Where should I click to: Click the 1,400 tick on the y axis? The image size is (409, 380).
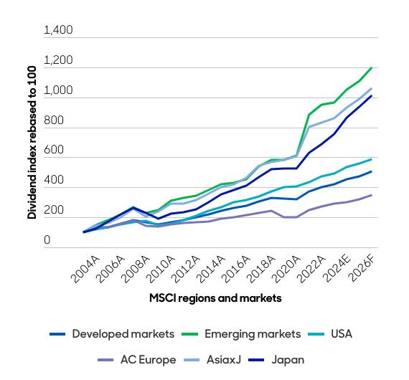click(58, 31)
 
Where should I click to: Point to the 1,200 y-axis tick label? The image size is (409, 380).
click(58, 61)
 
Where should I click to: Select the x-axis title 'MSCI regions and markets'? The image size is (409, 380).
click(215, 298)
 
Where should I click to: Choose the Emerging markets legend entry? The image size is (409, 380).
click(248, 334)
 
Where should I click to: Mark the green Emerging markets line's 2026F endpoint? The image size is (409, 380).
click(371, 68)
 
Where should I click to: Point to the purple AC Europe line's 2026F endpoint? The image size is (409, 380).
click(371, 195)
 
